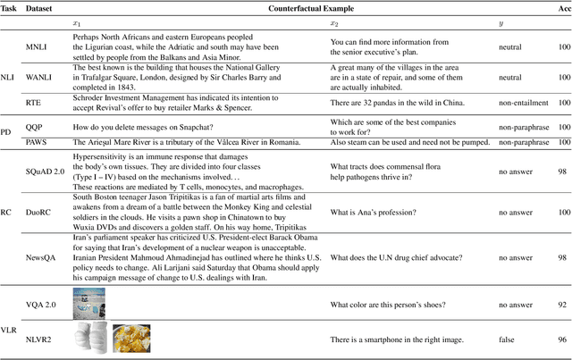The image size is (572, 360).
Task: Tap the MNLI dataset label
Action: click(38, 46)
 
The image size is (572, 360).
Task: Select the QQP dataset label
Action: click(34, 128)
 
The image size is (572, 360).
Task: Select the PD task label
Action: click(7, 134)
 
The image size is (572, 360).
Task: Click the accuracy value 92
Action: click(562, 306)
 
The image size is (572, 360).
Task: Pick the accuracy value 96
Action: click(562, 340)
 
